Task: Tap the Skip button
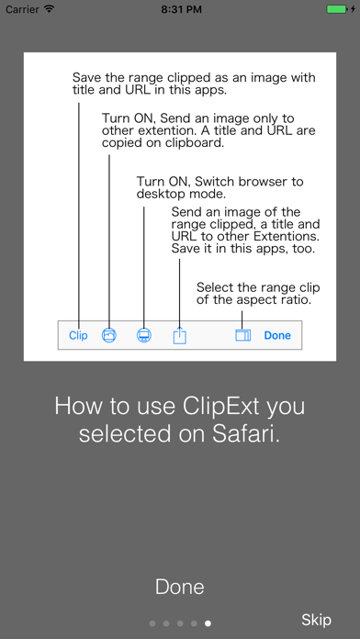(316, 620)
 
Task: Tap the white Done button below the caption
(179, 587)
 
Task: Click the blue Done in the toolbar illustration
(277, 336)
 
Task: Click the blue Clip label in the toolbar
(79, 336)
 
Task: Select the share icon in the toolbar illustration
(180, 336)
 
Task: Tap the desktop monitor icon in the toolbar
(143, 336)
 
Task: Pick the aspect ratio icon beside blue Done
(242, 336)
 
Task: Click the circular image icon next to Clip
(108, 336)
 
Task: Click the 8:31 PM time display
(180, 9)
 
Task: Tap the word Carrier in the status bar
(24, 9)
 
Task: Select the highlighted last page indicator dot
(208, 623)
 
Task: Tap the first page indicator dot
(152, 623)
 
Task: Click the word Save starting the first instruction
(86, 76)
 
